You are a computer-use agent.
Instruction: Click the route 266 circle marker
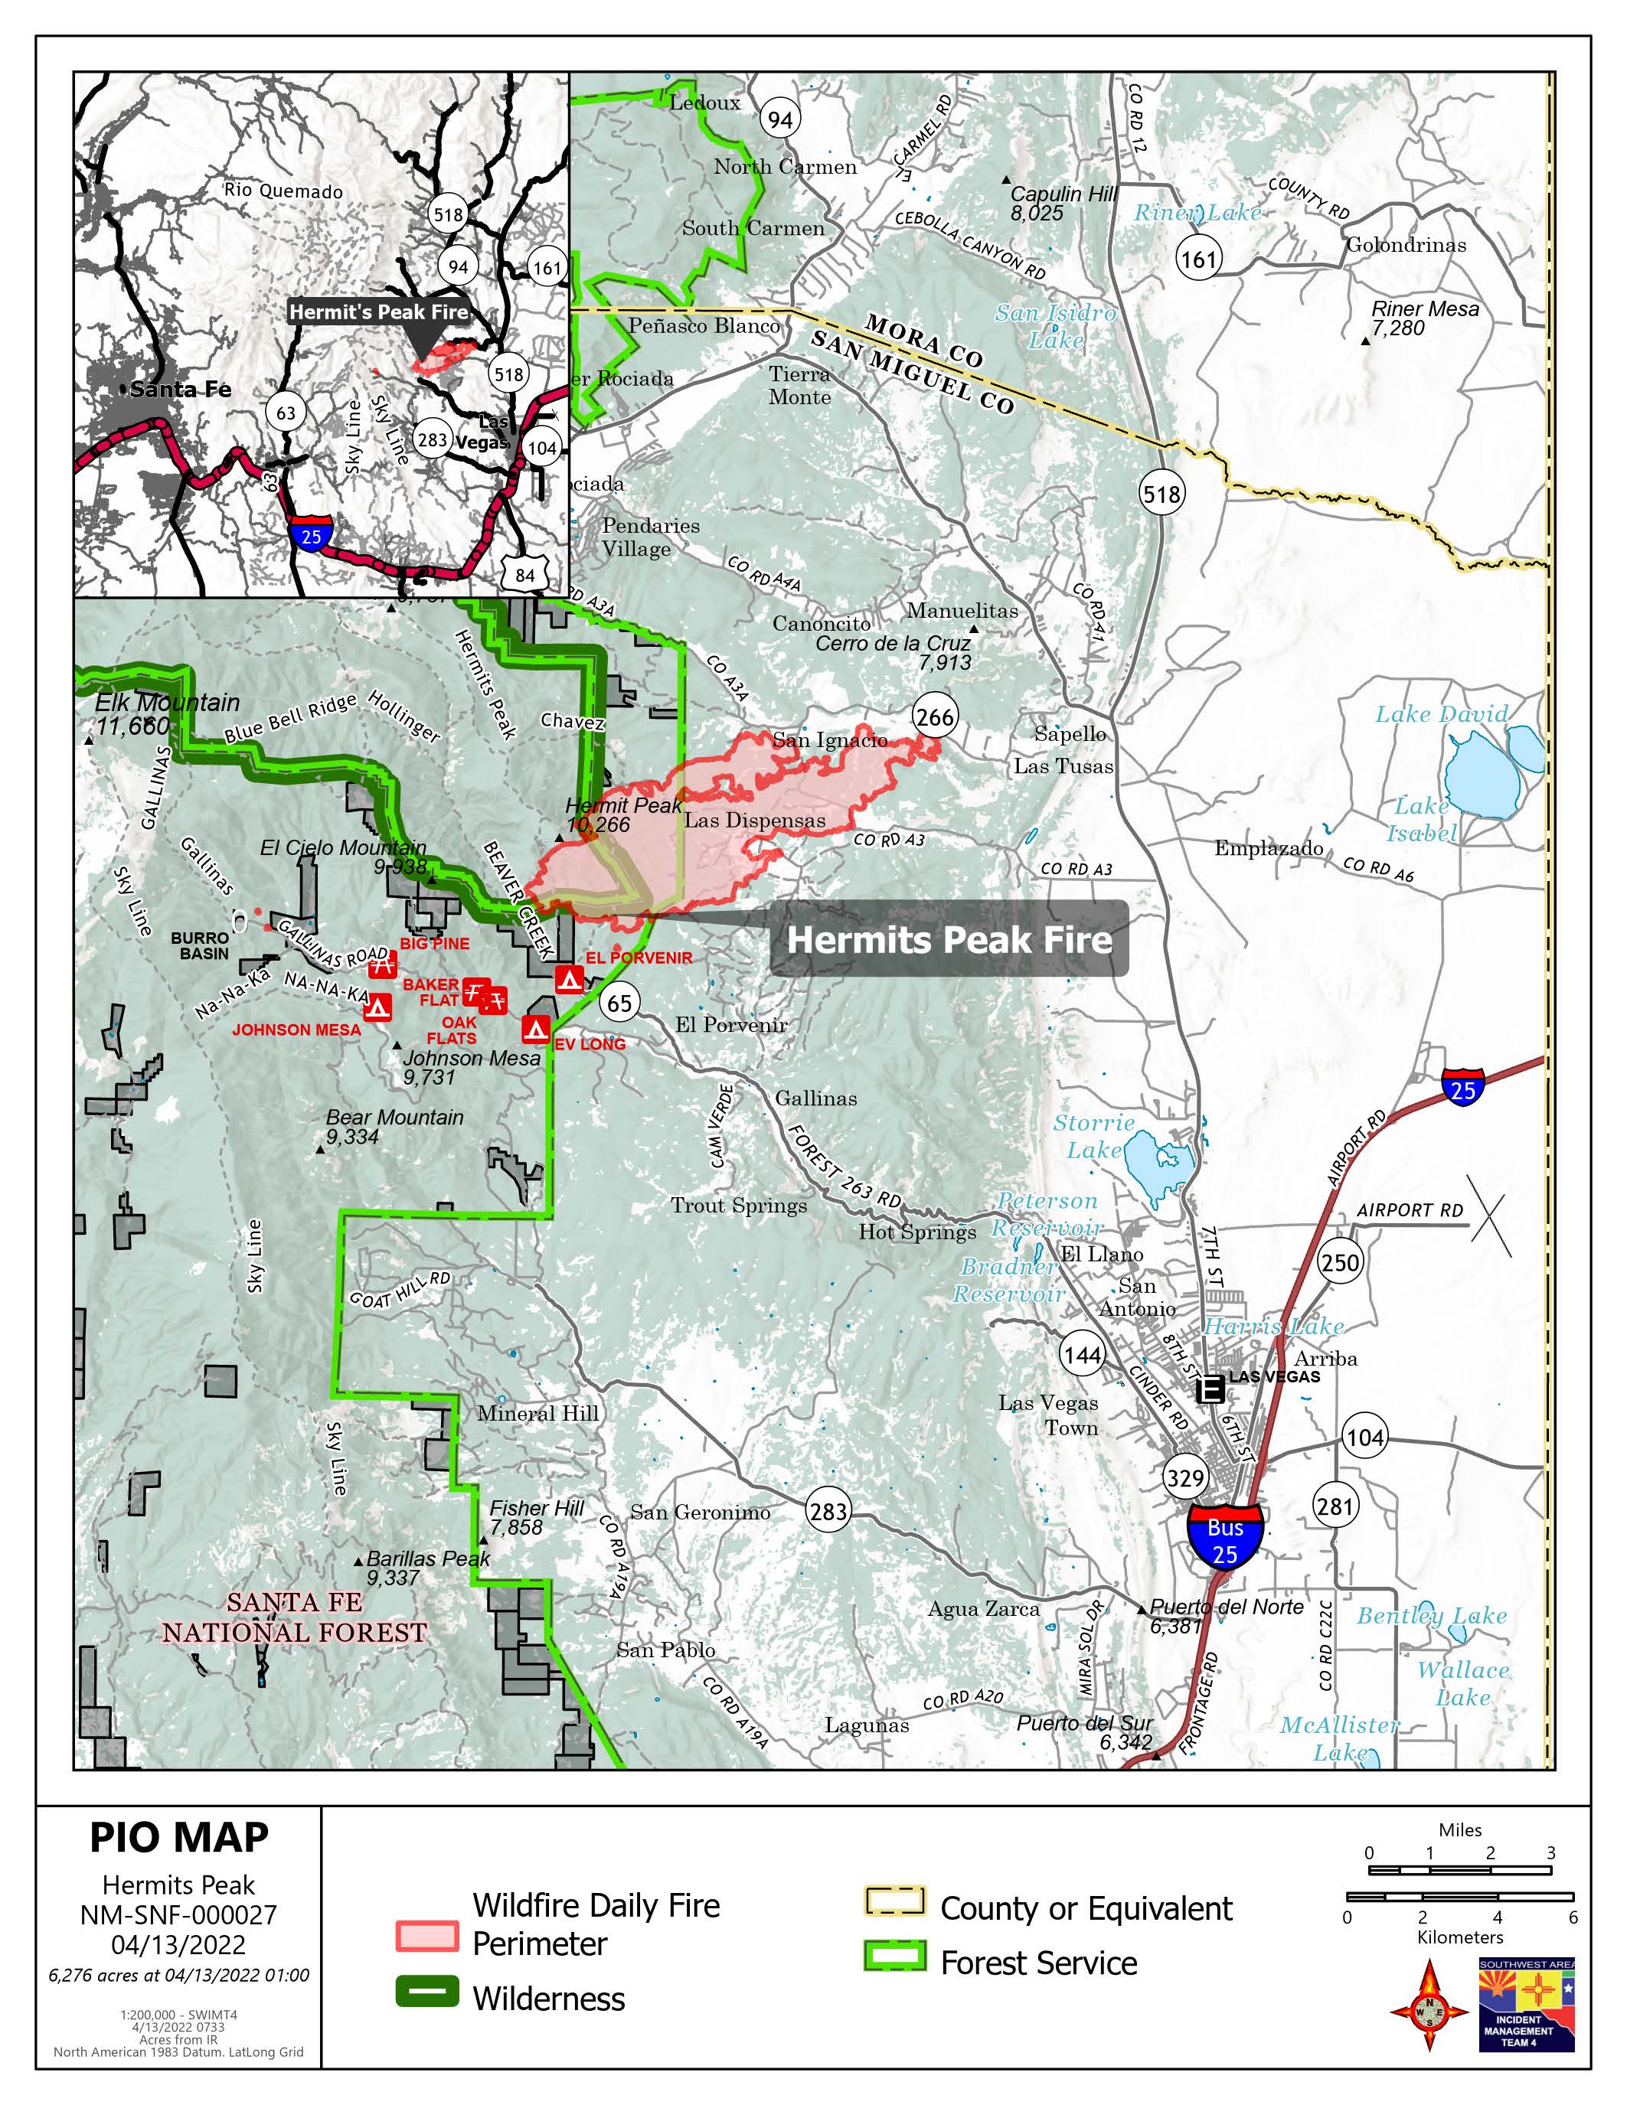pos(934,717)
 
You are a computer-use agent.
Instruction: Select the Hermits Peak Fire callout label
pos(949,940)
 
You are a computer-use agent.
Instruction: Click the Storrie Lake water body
pos(1158,1164)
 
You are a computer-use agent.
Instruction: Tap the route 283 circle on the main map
pos(828,1511)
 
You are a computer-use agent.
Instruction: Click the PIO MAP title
pos(179,1837)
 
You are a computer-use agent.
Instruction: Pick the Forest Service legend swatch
pos(894,1957)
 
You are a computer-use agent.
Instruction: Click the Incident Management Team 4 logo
pos(1526,2005)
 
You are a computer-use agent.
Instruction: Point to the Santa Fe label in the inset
pos(180,390)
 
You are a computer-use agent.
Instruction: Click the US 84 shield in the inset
pos(524,576)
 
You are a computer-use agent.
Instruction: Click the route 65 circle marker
pos(619,1004)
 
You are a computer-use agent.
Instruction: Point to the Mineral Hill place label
pos(537,1413)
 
